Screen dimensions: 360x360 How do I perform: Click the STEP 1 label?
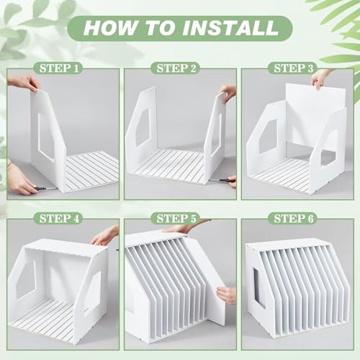coord(59,68)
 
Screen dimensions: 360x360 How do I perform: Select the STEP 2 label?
coord(176,68)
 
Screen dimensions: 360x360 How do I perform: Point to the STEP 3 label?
coord(294,68)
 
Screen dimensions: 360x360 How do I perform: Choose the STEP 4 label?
coord(59,219)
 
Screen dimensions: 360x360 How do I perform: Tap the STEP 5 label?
coord(176,219)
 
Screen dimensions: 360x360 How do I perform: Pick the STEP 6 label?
coord(294,219)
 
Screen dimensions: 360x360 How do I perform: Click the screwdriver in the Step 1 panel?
coord(45,189)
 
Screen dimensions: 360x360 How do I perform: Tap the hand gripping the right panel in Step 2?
coord(228,92)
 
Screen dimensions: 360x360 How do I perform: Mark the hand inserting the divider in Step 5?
coord(226,294)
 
